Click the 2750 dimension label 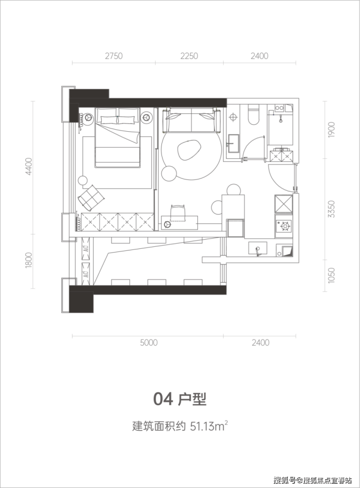[114, 56]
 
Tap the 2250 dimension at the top [189, 56]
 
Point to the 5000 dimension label [149, 343]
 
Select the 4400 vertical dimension [29, 167]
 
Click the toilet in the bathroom [253, 115]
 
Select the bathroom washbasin [234, 143]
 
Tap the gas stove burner [284, 226]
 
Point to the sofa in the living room [191, 120]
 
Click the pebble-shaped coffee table [189, 150]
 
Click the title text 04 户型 [180, 399]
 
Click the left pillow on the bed [108, 119]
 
